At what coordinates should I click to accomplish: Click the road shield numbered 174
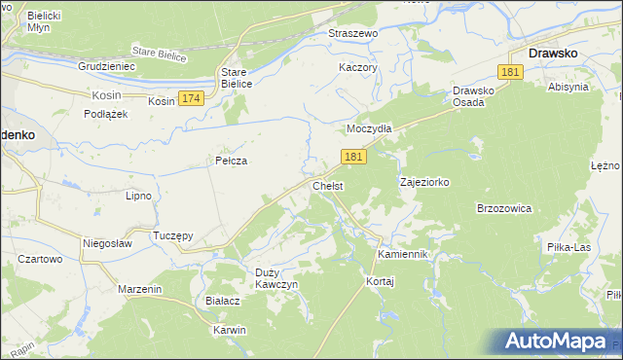pos(192,99)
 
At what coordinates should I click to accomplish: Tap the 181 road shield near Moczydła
pos(354,157)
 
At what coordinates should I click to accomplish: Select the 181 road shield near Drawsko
pos(511,73)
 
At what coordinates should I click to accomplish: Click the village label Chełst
pos(327,186)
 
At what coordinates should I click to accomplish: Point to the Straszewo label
pos(353,32)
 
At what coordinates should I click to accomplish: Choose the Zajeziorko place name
pos(424,182)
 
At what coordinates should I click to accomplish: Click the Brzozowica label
pos(503,208)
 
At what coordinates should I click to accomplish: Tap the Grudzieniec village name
pos(106,66)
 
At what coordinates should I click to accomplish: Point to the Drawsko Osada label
pos(476,97)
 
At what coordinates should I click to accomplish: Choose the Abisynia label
pos(568,87)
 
